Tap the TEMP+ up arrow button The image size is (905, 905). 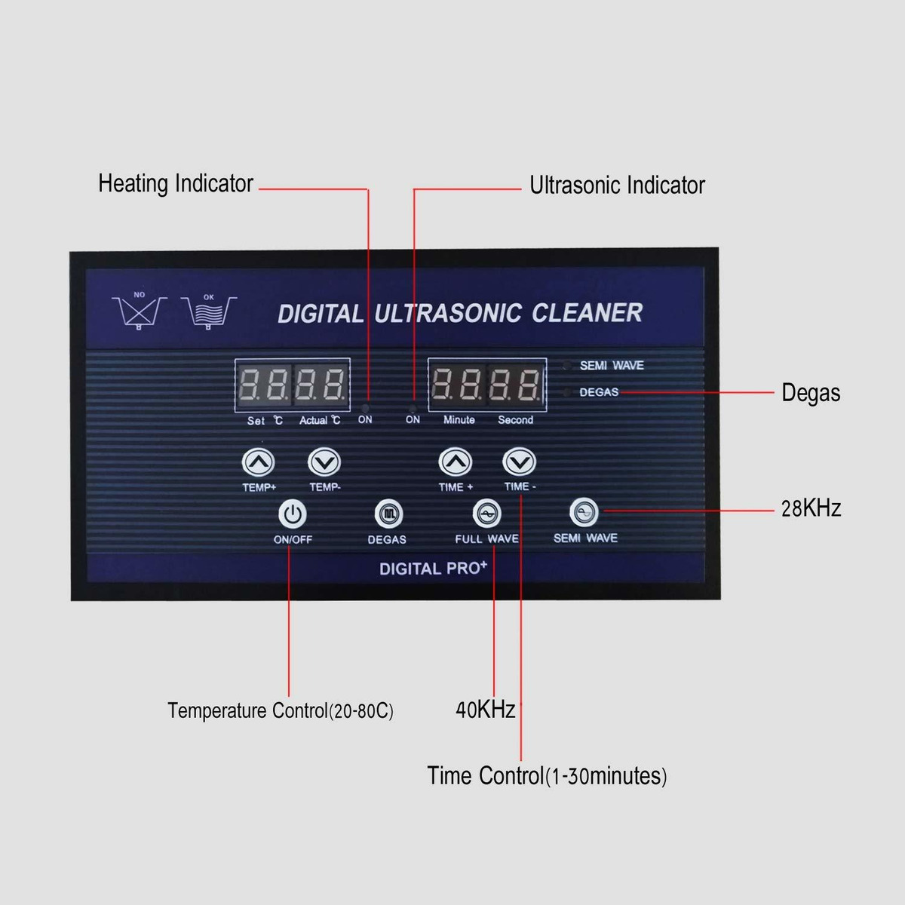click(x=258, y=462)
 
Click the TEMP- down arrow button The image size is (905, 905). click(x=324, y=462)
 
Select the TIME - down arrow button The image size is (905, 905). click(x=519, y=462)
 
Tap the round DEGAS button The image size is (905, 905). click(x=388, y=514)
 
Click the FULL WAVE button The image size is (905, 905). click(x=486, y=514)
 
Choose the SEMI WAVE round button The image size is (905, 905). click(x=584, y=513)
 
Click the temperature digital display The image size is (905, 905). click(x=293, y=384)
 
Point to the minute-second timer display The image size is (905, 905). click(x=487, y=384)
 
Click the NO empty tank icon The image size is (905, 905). click(x=140, y=311)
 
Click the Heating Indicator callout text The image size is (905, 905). click(x=176, y=183)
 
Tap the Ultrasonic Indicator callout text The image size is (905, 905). click(x=617, y=186)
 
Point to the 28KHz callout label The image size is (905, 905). click(x=811, y=508)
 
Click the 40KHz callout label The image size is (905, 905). click(x=485, y=710)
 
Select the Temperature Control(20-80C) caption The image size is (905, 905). click(x=281, y=710)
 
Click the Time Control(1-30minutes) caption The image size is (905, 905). click(x=547, y=775)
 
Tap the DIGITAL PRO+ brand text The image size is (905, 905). click(x=433, y=569)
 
